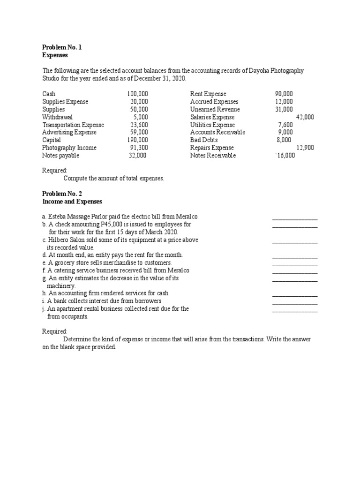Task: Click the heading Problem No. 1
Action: [x=62, y=47]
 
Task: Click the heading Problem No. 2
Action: [x=62, y=194]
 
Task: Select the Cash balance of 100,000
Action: [x=137, y=94]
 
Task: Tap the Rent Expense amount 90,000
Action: [x=284, y=94]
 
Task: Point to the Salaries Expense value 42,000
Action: [x=305, y=117]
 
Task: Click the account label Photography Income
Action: [x=69, y=148]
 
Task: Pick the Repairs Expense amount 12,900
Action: [x=305, y=148]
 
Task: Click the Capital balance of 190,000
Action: [x=137, y=140]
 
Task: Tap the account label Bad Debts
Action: [x=204, y=140]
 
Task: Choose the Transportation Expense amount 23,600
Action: [x=139, y=125]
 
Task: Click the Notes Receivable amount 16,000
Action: [x=285, y=156]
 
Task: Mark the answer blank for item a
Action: [x=294, y=217]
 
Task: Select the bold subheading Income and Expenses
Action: [x=72, y=202]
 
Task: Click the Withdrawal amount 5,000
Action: [x=141, y=117]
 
